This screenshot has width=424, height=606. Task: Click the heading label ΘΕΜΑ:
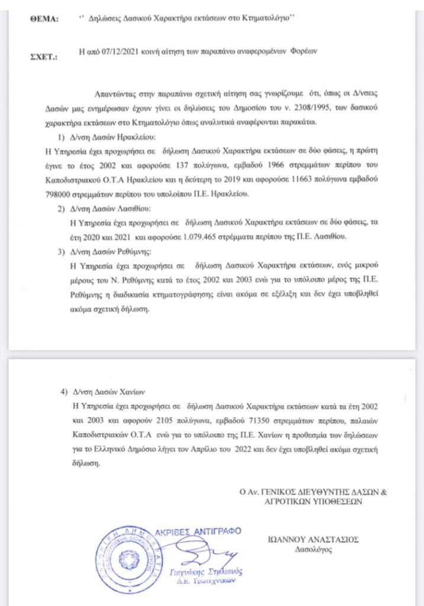click(x=44, y=20)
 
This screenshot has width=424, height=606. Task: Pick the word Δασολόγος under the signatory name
click(x=315, y=550)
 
